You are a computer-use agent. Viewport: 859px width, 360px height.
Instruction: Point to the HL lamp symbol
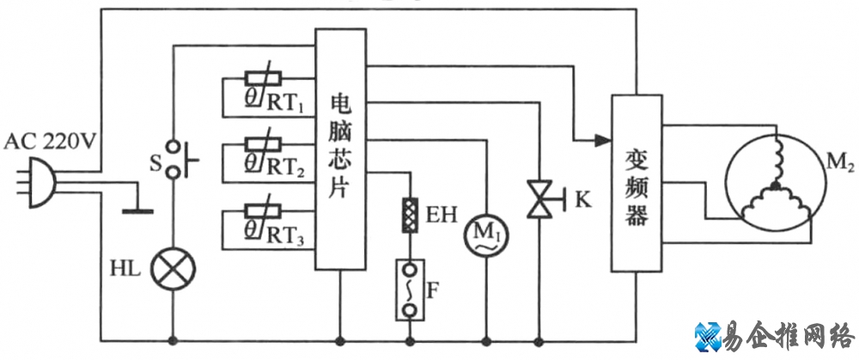[x=174, y=269]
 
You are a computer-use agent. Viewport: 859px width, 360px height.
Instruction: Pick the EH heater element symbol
[x=411, y=211]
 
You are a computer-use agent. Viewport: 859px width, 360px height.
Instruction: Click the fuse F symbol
[x=411, y=289]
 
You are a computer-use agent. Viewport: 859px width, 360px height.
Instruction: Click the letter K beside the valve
[x=584, y=201]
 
